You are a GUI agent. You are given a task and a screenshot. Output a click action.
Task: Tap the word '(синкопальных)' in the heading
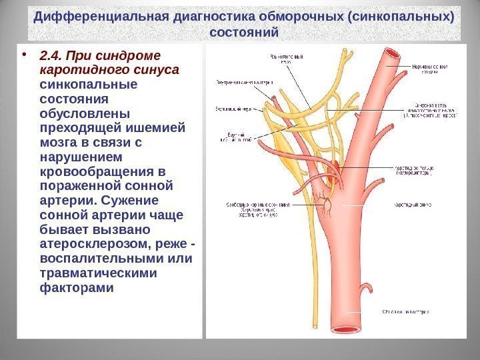pos(404,16)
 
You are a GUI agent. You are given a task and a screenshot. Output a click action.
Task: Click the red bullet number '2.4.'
pos(52,55)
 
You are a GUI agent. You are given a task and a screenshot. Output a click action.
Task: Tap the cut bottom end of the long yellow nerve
pos(312,327)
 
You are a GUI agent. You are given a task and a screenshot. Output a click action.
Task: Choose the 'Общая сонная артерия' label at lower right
pos(406,311)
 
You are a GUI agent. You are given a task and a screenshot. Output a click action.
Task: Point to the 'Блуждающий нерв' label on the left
pos(233,107)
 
